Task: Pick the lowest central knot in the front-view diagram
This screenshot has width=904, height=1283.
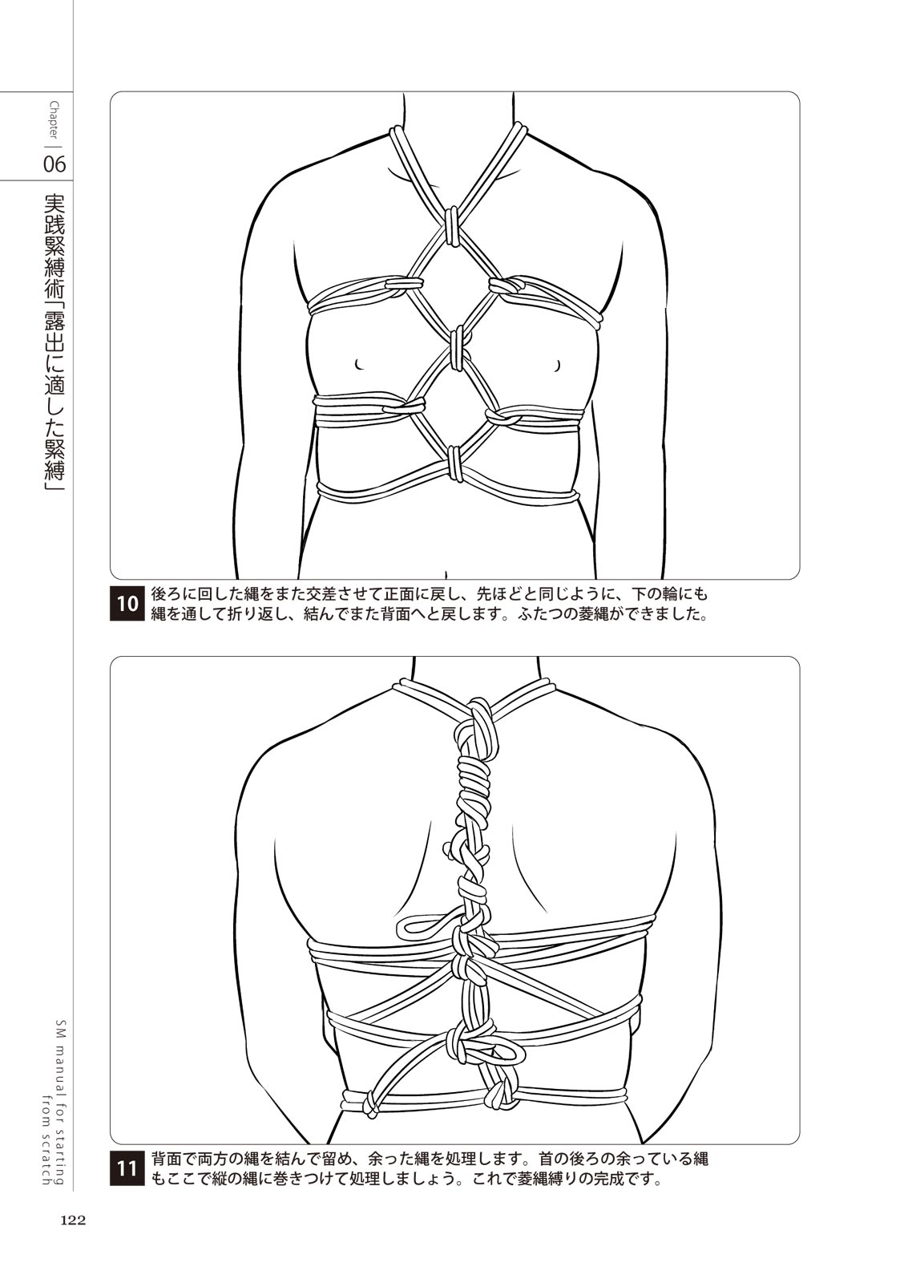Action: tap(455, 463)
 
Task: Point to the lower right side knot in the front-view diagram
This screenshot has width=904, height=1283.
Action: tap(502, 415)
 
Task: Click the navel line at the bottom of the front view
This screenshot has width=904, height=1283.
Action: tap(446, 574)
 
